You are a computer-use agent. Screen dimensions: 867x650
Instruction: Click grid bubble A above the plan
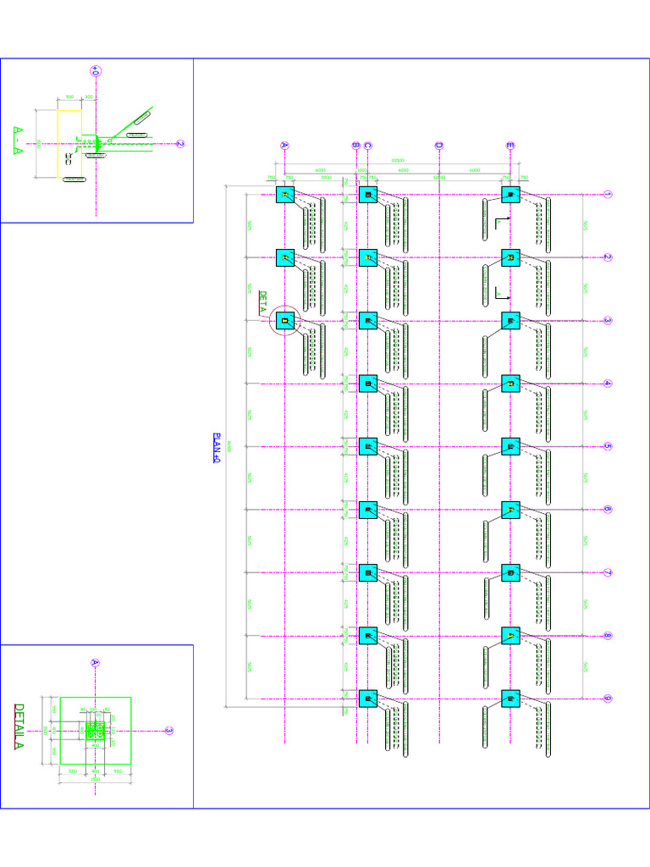point(284,145)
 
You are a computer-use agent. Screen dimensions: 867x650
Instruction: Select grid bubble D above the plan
point(438,145)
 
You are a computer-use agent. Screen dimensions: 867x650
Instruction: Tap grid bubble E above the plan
point(510,145)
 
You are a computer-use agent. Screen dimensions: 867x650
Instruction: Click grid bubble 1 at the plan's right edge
point(607,195)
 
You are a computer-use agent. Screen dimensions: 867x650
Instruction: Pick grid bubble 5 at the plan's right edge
point(607,446)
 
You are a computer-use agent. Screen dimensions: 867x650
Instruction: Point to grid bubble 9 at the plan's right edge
point(607,699)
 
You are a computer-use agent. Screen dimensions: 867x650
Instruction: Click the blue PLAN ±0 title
point(216,448)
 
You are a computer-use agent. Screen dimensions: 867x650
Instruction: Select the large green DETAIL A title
point(19,726)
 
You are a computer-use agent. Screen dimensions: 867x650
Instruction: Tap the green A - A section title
point(19,141)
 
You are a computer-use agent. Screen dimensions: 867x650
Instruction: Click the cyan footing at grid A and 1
point(285,196)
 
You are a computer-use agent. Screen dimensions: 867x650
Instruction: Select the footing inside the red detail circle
point(285,321)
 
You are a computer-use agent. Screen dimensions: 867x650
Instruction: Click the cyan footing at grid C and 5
point(367,446)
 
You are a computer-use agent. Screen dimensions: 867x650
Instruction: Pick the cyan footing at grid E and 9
point(510,699)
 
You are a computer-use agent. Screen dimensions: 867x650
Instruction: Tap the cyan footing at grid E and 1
point(510,195)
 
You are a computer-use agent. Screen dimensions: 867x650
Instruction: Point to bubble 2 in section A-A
point(180,144)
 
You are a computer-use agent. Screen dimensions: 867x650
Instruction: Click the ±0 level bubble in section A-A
point(96,72)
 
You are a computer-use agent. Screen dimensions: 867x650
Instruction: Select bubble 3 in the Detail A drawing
point(168,731)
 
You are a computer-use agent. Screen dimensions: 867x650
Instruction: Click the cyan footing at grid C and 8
point(367,636)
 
